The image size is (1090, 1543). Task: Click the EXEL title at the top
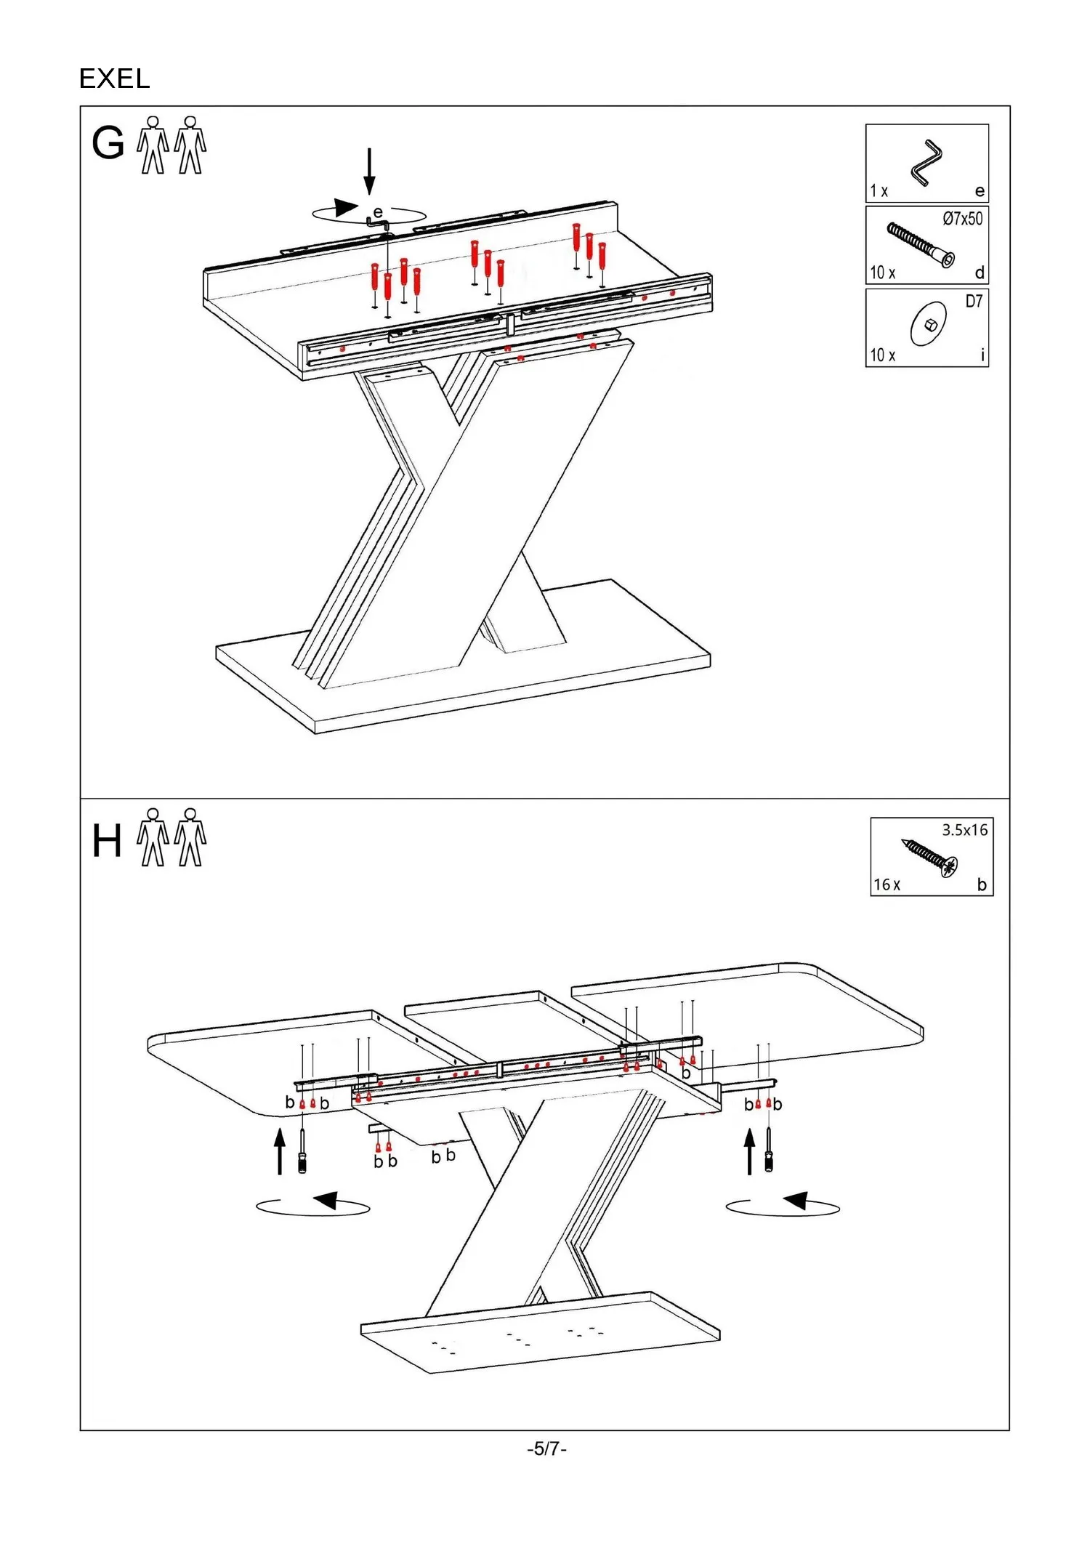114,78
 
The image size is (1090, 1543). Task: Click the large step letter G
108,142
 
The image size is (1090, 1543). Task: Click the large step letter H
107,841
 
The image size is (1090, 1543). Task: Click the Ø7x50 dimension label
962,218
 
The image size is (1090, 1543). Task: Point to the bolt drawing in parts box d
920,245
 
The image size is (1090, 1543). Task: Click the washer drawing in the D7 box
929,324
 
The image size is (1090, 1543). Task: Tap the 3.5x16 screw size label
964,830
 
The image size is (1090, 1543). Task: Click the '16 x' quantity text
887,885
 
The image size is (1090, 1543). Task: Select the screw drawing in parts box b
929,858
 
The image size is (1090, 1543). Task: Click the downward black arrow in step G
370,171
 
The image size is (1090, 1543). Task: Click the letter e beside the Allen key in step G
378,212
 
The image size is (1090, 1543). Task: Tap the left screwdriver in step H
302,1151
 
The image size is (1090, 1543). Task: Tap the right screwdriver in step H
770,1150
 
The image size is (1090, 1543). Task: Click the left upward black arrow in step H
280,1151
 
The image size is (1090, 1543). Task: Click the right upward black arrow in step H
749,1151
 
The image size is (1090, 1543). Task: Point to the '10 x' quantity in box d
883,273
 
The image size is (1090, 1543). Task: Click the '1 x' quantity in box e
879,191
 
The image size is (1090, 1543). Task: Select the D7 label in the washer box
974,301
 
